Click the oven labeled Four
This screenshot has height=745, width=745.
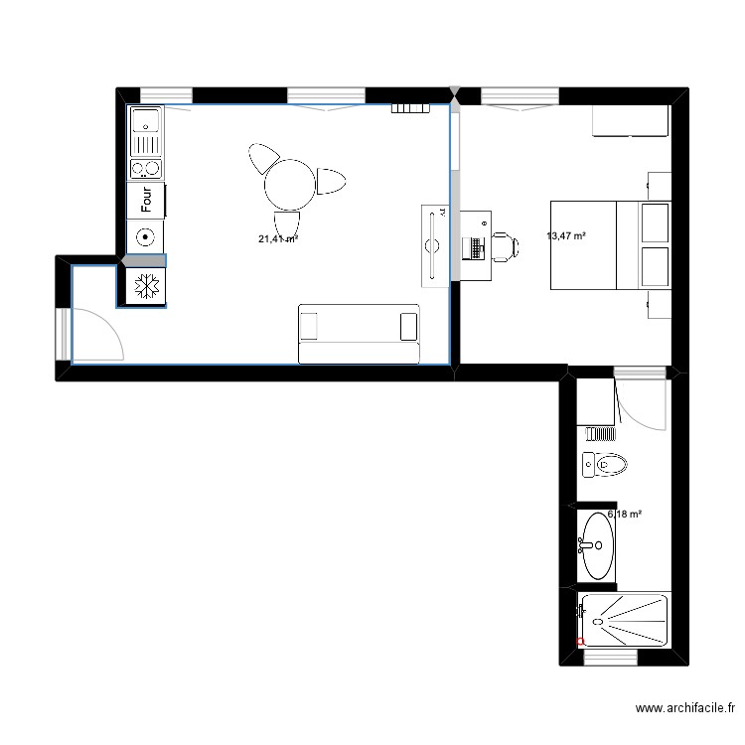[x=146, y=202]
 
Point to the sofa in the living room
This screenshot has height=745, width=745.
[x=359, y=333]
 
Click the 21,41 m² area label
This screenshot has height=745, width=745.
[x=279, y=239]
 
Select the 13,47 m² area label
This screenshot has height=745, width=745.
[x=566, y=235]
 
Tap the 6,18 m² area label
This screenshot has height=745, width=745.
[x=624, y=515]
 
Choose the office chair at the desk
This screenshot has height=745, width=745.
[x=502, y=245]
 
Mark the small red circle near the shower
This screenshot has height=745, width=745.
[x=580, y=642]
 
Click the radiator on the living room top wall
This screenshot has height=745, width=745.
[x=409, y=108]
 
